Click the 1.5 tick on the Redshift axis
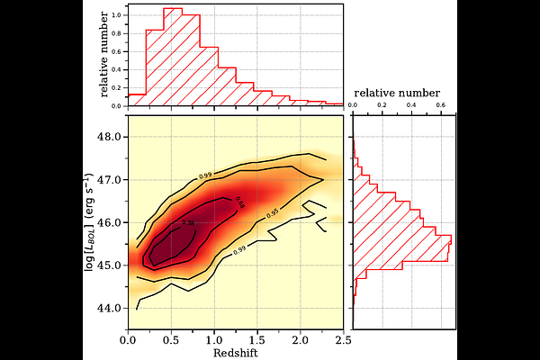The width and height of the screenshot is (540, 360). click(x=256, y=340)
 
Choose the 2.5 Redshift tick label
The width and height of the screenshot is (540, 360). click(x=343, y=340)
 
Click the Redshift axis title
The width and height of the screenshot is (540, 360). click(x=234, y=353)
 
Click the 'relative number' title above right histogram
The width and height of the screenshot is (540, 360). click(x=397, y=94)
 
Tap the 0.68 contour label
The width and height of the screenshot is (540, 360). click(x=239, y=202)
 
